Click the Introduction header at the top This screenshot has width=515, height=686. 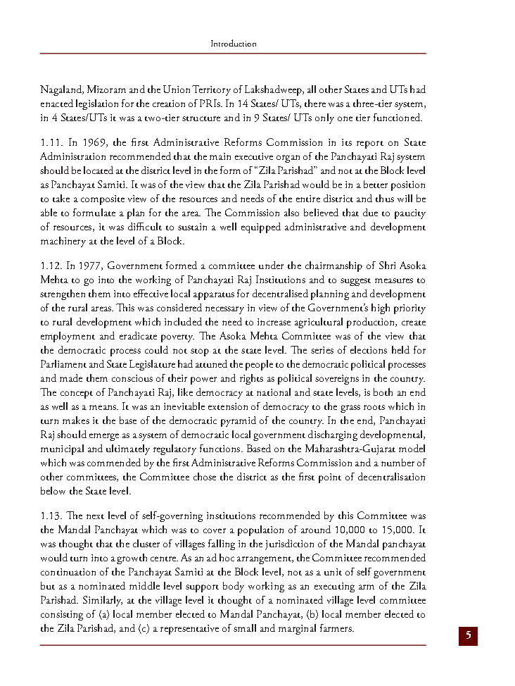pos(234,44)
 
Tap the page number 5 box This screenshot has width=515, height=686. pos(468,636)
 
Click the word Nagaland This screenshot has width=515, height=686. pos(61,91)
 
